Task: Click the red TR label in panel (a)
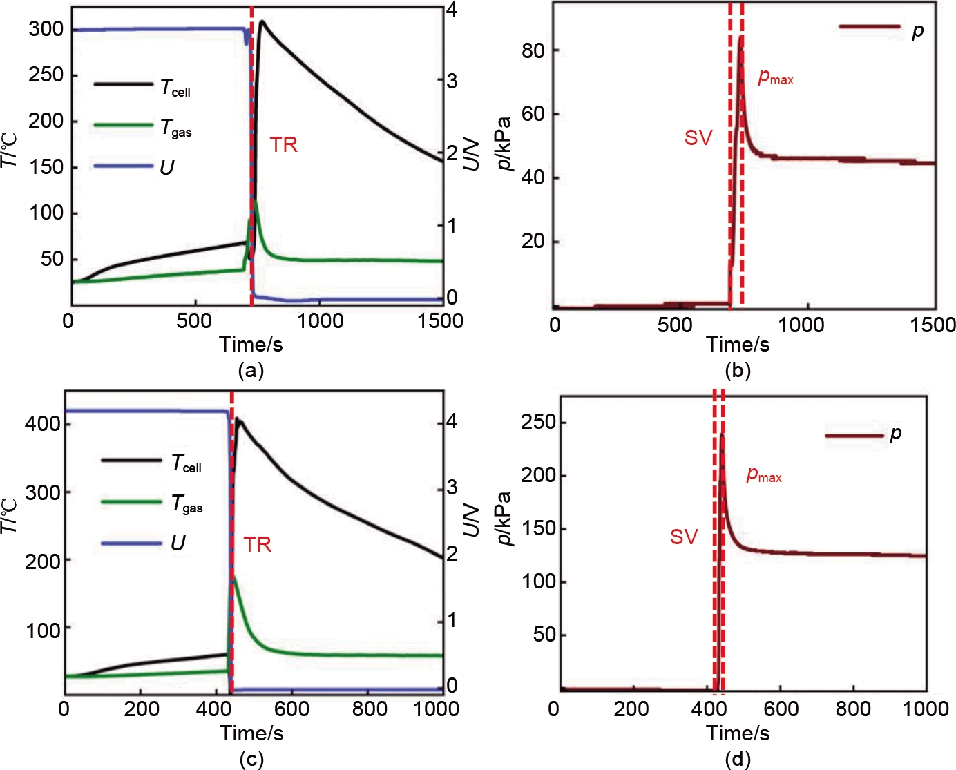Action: coord(283,145)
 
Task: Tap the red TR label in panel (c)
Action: coord(258,545)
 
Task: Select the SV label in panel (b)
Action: coord(698,138)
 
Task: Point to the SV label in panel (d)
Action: coord(684,537)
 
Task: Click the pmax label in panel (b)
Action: coord(775,77)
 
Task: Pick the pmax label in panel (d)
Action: coord(764,475)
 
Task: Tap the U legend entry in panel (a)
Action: coord(167,167)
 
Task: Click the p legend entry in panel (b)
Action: coord(917,31)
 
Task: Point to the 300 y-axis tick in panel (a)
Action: coord(46,29)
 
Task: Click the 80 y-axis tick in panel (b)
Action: coord(533,50)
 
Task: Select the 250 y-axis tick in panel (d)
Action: coord(539,422)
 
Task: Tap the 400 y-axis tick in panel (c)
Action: coord(42,423)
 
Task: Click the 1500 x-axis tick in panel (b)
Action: coord(933,325)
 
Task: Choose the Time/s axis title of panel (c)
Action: coord(251,733)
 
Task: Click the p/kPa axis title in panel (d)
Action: coord(505,518)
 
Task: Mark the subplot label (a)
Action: coord(251,371)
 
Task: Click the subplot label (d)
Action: coord(738,760)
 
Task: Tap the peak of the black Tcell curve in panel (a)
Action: coord(262,22)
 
